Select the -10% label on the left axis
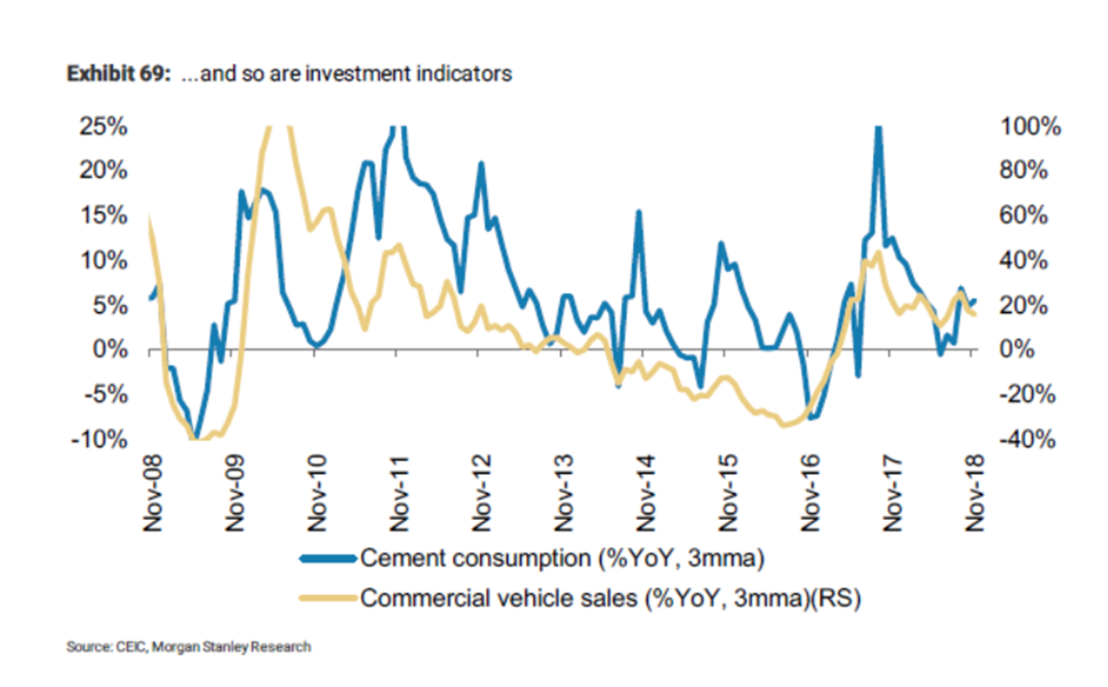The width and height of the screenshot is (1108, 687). [103, 440]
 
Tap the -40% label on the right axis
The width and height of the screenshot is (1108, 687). [1025, 440]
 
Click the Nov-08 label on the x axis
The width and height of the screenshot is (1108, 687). [152, 493]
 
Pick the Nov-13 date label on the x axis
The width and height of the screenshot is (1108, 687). [563, 493]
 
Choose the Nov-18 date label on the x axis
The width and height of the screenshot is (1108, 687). [975, 493]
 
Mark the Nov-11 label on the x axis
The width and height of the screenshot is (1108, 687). [399, 493]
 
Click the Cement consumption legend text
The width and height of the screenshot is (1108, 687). [562, 558]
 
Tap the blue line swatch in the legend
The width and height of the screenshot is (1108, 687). [328, 558]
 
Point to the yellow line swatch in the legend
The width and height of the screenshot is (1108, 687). [328, 598]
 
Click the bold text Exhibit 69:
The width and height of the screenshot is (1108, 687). [120, 74]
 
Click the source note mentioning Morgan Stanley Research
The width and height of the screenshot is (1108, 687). [189, 647]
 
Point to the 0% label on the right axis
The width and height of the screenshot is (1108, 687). [1019, 350]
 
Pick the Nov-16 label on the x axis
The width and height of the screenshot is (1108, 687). [810, 493]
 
